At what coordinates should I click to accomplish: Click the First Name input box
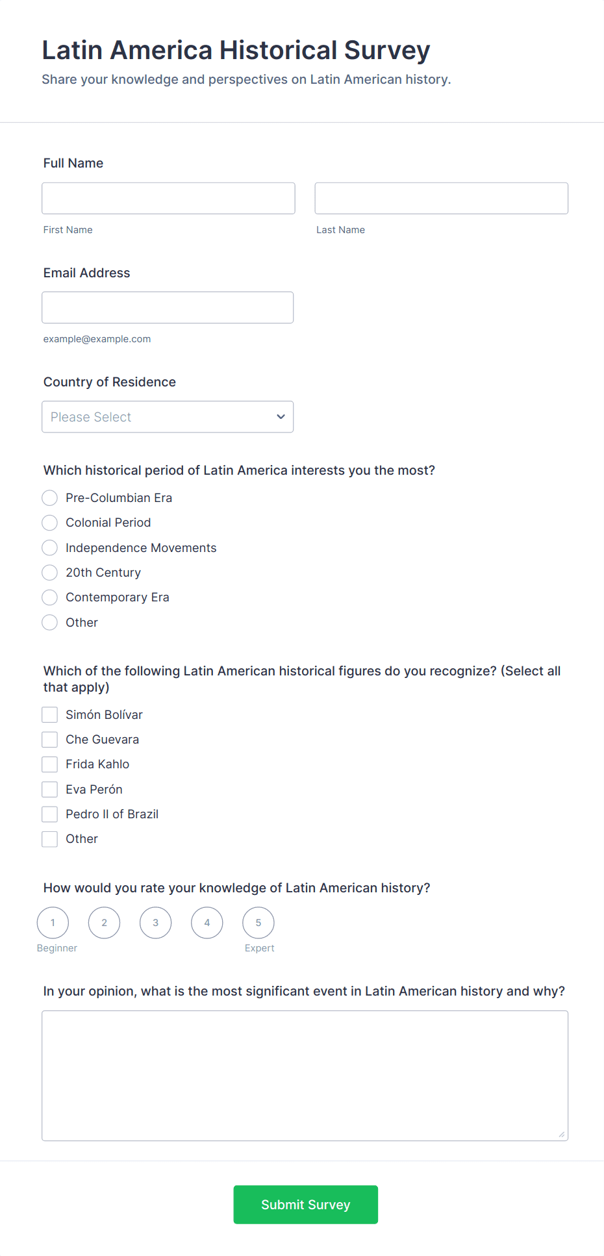[168, 198]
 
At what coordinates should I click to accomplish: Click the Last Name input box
[441, 198]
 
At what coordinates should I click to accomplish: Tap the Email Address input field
[168, 307]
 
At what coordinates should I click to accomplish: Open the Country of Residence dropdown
[168, 417]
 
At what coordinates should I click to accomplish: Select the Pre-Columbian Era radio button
[50, 498]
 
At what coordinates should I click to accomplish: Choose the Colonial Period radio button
[50, 523]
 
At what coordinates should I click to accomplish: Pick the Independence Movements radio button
[50, 548]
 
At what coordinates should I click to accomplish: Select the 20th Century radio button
[50, 573]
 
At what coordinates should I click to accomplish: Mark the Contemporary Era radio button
[50, 597]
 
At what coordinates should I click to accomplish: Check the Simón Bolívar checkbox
[50, 715]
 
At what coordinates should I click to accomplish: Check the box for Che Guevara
[50, 740]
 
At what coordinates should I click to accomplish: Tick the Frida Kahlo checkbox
[50, 764]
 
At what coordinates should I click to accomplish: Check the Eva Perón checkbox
[50, 790]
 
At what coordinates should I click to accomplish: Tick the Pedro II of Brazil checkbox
[50, 814]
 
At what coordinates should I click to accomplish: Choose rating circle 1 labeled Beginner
[53, 923]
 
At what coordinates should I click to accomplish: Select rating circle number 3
[156, 923]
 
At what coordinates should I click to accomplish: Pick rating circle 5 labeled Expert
[258, 923]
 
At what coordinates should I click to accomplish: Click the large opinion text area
[305, 1075]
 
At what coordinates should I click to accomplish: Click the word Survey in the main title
[387, 51]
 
